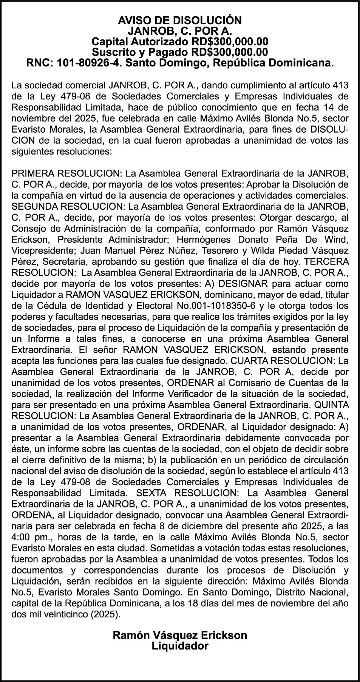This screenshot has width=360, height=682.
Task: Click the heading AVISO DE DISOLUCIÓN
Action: click(x=180, y=20)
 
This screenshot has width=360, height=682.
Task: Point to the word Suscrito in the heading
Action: click(x=115, y=52)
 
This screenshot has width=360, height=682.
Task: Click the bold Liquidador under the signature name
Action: click(x=180, y=646)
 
